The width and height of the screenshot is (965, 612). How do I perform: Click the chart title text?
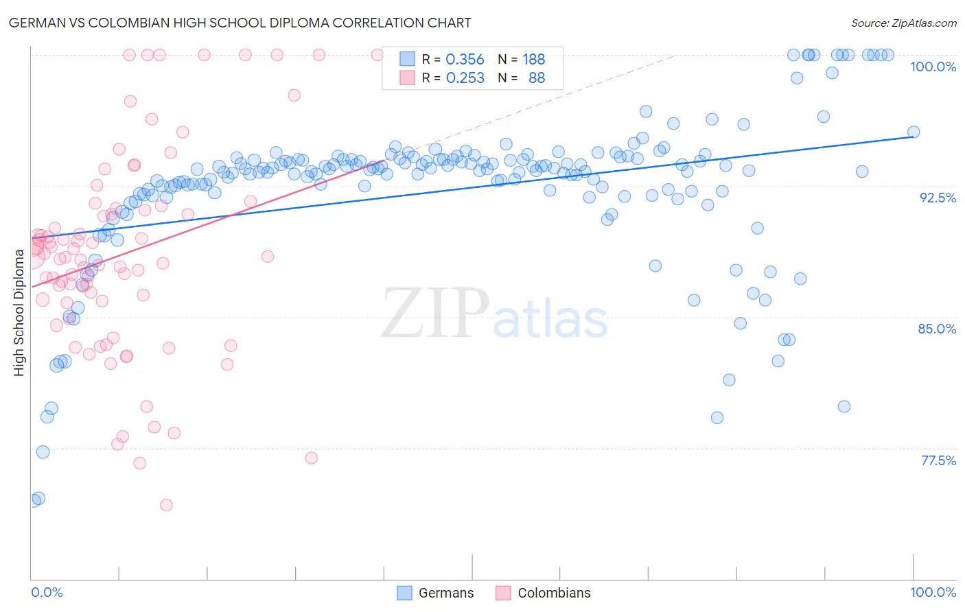point(240,23)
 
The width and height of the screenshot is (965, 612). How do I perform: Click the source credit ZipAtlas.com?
point(903,23)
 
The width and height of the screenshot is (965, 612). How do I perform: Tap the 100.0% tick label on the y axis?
point(933,67)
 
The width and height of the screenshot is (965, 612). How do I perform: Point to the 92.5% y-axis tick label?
point(938,198)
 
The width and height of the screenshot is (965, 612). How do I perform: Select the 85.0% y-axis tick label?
point(937,329)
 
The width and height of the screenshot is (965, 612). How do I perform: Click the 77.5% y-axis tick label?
point(938,460)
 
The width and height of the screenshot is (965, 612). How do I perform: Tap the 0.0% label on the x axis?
point(47,592)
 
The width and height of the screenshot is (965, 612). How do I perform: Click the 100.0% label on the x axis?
point(933,592)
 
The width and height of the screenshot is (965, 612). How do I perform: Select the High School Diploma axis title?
point(19,313)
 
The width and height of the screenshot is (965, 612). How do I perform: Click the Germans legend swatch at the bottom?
point(405,593)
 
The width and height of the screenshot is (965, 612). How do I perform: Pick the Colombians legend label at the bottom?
point(554,593)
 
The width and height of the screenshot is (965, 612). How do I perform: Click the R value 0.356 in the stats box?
point(465,60)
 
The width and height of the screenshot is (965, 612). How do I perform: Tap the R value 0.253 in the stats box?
point(465,78)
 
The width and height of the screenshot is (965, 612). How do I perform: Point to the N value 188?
point(533,60)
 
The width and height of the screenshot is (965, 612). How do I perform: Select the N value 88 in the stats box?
point(537,78)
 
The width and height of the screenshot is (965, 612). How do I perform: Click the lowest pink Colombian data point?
point(166,505)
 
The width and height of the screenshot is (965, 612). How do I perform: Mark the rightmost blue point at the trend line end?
point(914,132)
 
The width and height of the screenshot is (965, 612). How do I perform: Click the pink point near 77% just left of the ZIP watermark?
point(311,458)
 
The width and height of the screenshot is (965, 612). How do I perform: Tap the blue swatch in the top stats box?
point(407,60)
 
